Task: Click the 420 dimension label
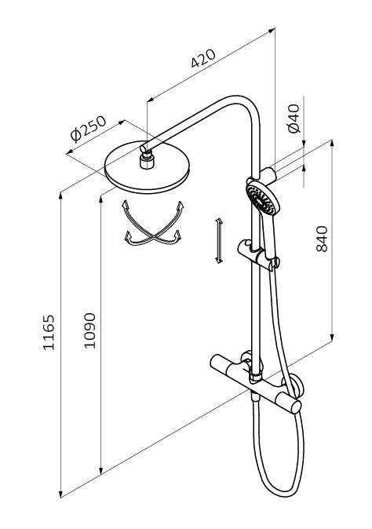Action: click(x=203, y=58)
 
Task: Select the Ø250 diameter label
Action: click(x=88, y=129)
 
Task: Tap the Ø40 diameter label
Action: click(x=294, y=119)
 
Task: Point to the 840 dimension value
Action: click(x=322, y=239)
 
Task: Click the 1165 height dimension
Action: click(x=49, y=332)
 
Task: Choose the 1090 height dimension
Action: click(x=89, y=330)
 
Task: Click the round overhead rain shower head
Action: click(x=147, y=168)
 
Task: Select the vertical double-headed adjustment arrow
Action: click(x=218, y=240)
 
